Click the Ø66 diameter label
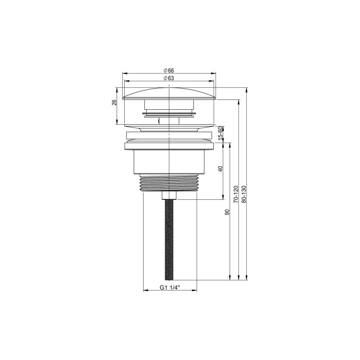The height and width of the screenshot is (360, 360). click(x=169, y=70)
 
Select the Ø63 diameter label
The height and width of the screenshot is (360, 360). click(x=169, y=79)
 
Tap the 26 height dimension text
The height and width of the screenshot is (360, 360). click(x=114, y=103)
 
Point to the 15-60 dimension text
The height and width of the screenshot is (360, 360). click(x=220, y=134)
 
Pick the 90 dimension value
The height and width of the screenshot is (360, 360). click(x=228, y=212)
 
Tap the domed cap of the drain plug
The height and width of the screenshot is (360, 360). click(x=169, y=93)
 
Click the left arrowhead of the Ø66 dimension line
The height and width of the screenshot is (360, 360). click(x=124, y=73)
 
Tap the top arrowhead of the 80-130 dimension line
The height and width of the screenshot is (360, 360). click(x=247, y=90)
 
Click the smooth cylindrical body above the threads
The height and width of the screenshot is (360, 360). click(x=169, y=162)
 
